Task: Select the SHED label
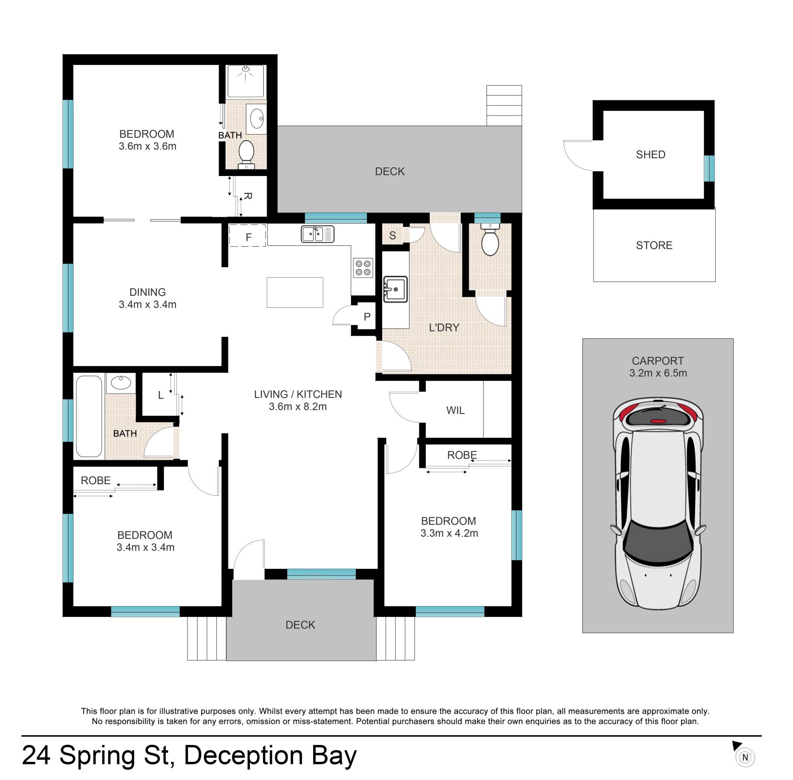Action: tap(651, 155)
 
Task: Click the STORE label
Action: tap(654, 245)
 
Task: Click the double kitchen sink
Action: tap(317, 234)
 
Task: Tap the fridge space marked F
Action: tap(248, 235)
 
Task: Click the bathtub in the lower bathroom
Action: tap(89, 416)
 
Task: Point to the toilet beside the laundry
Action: tap(490, 240)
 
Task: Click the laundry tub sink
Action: tap(395, 289)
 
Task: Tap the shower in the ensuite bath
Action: tap(245, 81)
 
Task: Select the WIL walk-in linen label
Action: tap(455, 410)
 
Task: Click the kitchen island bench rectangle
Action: tap(295, 292)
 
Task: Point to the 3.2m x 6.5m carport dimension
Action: tap(658, 373)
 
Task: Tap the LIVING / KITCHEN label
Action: tap(298, 394)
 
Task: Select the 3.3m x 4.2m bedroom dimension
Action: tap(449, 533)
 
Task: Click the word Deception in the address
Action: tap(243, 756)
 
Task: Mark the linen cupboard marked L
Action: tap(161, 395)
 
